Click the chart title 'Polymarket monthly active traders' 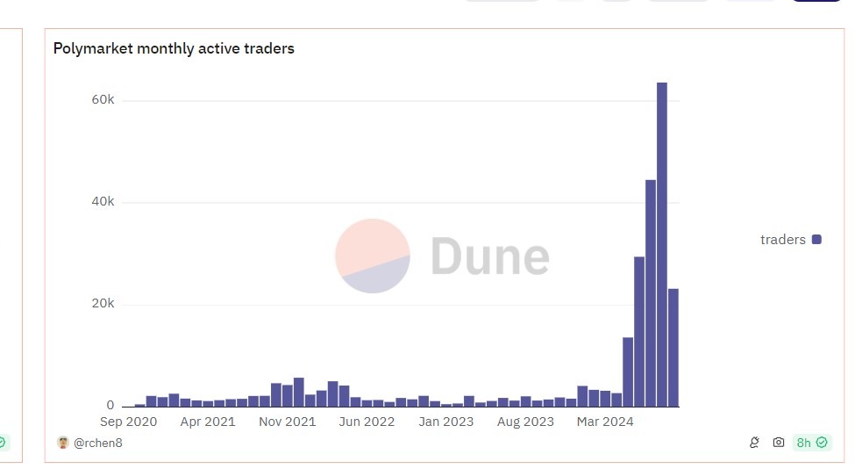pos(174,49)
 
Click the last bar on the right pos(673,347)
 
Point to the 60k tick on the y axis pos(103,100)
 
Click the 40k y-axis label pos(103,202)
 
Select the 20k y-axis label pos(103,304)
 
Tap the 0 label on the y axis pos(110,406)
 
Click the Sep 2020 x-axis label pos(128,422)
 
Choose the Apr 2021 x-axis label pos(207,422)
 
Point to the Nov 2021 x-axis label pos(287,422)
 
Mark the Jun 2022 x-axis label pos(366,422)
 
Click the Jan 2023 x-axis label pos(445,422)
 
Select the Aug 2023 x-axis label pos(525,422)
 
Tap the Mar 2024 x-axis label pos(605,422)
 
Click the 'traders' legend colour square pos(816,240)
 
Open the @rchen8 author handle pos(97,443)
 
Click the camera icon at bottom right pos(778,443)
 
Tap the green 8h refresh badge pos(811,443)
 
